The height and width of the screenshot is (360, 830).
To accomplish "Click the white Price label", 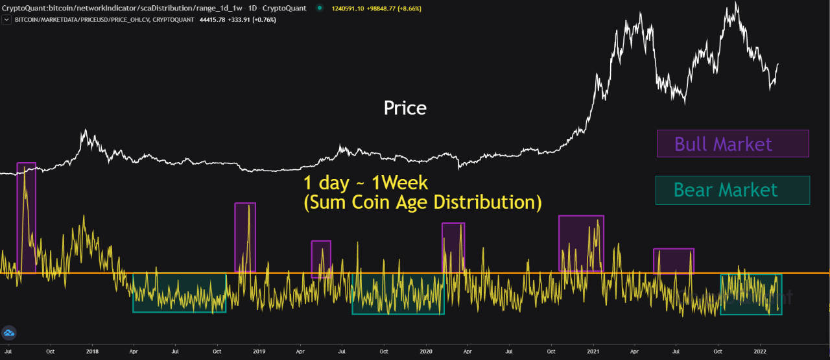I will [x=405, y=108].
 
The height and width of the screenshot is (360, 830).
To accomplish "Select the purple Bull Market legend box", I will [x=733, y=143].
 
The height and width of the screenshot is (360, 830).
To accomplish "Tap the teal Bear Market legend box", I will [x=733, y=190].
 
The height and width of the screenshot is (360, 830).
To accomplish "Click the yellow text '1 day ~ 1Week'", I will [x=366, y=182].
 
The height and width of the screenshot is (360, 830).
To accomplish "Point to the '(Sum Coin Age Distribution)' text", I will [x=422, y=202].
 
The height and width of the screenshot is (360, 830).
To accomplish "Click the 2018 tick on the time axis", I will [x=92, y=352].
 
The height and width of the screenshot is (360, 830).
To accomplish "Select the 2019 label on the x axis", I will [x=259, y=352].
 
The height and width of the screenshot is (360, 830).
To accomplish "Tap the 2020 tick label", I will [x=426, y=352].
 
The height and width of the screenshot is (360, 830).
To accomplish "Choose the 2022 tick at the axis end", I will [x=761, y=352].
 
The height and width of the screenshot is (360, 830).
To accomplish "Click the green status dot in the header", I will [x=320, y=8].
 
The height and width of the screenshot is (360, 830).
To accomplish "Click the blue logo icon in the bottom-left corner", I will [x=9, y=333].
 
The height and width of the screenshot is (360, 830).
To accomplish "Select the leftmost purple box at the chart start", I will [x=26, y=217].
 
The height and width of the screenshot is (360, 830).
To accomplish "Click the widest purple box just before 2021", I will [x=581, y=243].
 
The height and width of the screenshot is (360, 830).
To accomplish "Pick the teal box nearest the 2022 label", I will [x=751, y=294].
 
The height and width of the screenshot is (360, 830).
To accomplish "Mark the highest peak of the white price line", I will [x=736, y=3].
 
